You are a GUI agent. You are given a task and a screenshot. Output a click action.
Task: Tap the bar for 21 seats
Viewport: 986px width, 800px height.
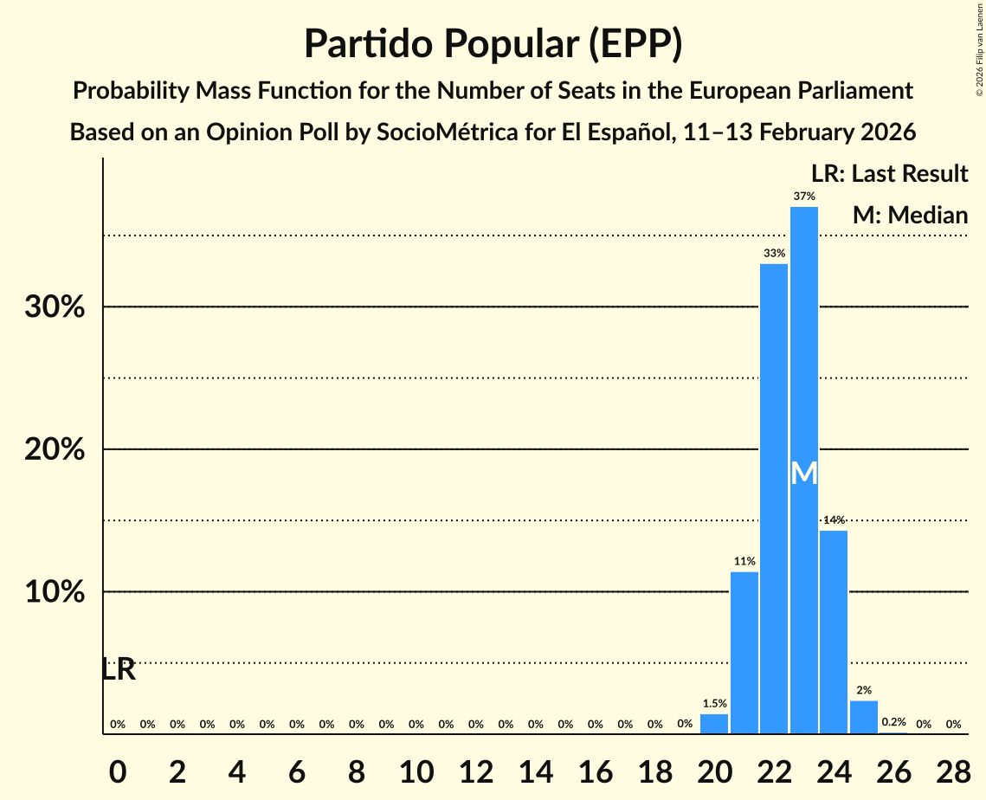pos(744,653)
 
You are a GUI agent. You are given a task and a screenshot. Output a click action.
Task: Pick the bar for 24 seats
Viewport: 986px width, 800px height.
pos(834,632)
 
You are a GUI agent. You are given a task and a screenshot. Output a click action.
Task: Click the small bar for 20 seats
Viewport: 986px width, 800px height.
pos(714,724)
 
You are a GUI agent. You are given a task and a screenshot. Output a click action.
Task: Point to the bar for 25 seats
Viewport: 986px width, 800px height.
pos(863,718)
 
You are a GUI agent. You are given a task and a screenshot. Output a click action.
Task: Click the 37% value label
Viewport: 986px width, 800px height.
pos(803,197)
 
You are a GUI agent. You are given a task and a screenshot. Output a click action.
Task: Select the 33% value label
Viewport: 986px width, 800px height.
pos(774,254)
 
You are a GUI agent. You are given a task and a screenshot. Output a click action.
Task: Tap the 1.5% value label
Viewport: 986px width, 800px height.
pos(714,704)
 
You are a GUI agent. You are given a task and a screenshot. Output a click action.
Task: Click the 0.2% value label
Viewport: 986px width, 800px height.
pos(893,722)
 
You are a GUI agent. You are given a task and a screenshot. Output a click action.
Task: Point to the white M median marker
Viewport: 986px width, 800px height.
pos(803,474)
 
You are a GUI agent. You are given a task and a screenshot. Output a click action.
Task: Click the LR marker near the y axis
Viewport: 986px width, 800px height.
pos(119,669)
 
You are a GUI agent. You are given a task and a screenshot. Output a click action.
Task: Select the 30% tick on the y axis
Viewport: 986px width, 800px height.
pos(55,307)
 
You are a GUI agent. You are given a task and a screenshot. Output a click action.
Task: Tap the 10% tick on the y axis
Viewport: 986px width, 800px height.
pos(55,592)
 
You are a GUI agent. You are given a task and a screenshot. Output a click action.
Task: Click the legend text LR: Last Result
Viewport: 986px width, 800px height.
pos(889,174)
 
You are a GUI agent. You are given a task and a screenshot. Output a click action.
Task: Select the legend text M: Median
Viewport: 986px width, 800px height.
pos(910,216)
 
